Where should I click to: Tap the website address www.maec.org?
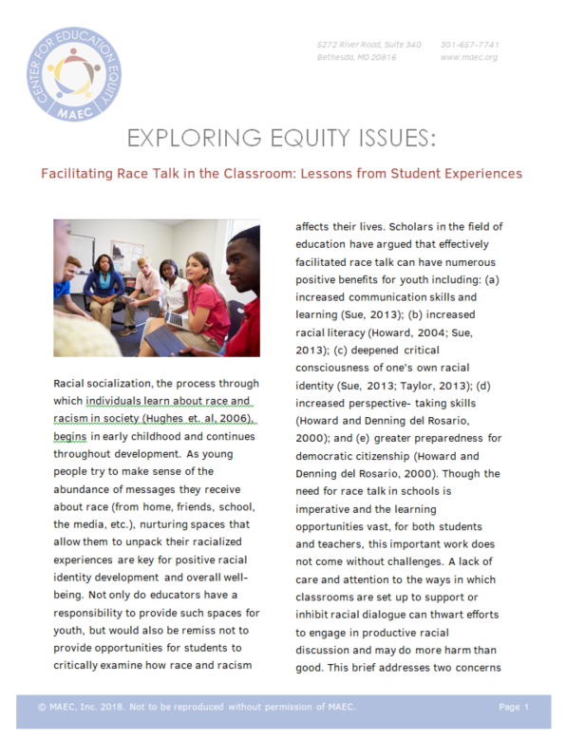(x=469, y=57)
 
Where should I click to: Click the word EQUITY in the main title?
(x=295, y=140)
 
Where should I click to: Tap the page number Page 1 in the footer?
(x=513, y=708)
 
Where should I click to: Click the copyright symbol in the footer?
(x=42, y=708)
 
